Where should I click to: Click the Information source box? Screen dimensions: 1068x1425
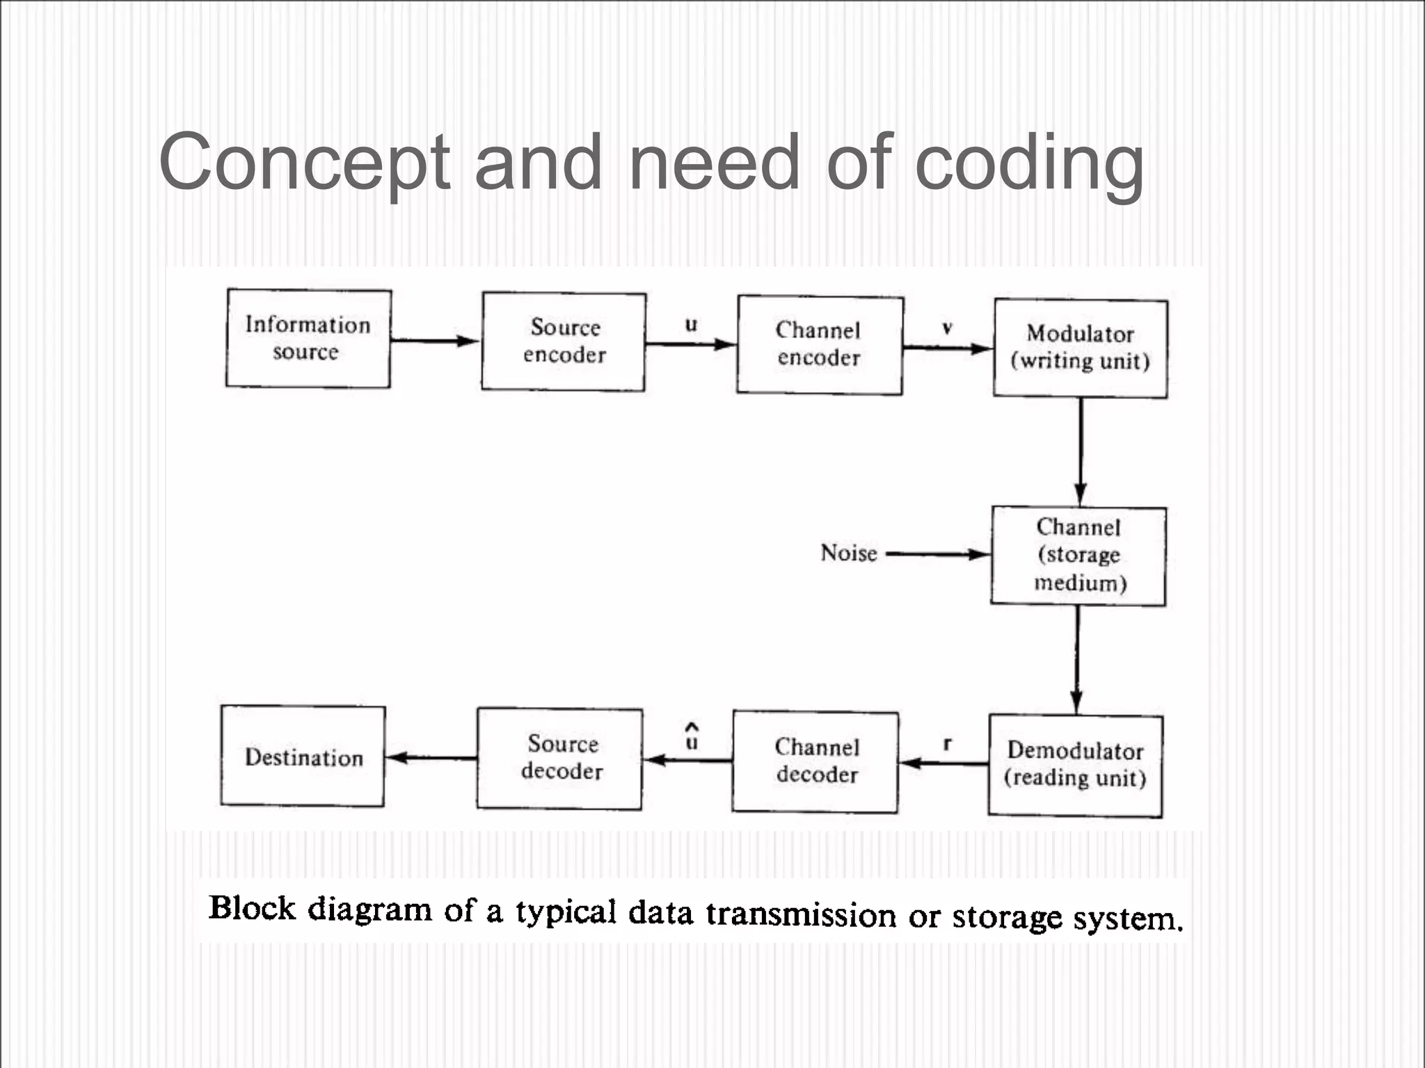tap(308, 339)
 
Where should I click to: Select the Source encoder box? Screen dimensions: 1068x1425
tap(564, 341)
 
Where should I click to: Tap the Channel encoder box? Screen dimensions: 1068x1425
tap(820, 345)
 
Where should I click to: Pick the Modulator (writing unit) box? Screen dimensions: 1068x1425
tap(1080, 348)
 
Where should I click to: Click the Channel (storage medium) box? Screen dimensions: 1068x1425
tap(1078, 556)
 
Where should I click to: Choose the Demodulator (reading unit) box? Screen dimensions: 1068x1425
tap(1075, 765)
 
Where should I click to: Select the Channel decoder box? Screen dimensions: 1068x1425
tap(815, 761)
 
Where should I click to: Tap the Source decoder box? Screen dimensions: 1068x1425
tap(560, 758)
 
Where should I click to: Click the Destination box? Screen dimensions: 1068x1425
tap(303, 756)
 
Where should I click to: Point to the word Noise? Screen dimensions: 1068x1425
tap(848, 553)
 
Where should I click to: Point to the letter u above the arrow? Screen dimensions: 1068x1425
tap(691, 325)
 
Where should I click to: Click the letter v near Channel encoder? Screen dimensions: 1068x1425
tap(947, 328)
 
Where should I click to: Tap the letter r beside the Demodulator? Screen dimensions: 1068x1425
tap(947, 745)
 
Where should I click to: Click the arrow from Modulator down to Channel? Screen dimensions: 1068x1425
tap(1080, 452)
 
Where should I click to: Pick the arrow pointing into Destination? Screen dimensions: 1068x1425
tap(431, 757)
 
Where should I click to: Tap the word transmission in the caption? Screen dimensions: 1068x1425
tap(800, 914)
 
